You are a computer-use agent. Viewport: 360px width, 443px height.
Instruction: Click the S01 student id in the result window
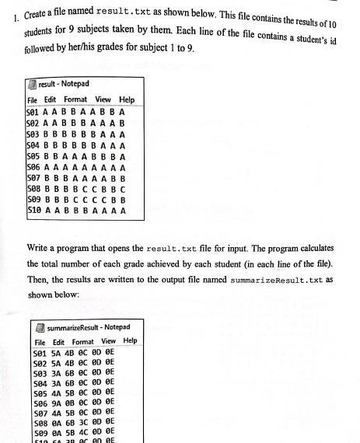[34, 112]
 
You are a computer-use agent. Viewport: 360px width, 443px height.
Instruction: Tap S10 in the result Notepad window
[34, 210]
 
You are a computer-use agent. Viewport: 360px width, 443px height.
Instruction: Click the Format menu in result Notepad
[75, 100]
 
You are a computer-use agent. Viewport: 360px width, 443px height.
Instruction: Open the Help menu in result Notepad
[126, 100]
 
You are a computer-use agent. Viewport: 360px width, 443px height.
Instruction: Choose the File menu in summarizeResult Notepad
[40, 342]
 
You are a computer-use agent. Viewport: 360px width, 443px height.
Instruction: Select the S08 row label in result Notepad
[34, 188]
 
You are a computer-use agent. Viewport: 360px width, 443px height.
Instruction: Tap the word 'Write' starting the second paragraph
[40, 248]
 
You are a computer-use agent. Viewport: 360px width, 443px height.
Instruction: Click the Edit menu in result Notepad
[50, 100]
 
